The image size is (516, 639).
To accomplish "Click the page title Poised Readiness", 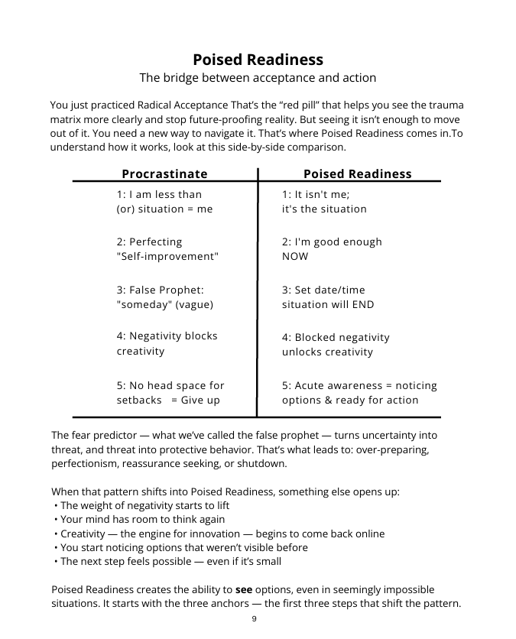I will (258, 60).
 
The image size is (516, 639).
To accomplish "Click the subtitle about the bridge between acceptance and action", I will (258, 78).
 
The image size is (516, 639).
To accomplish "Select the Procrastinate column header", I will (164, 174).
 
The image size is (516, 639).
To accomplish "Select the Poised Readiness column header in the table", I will (357, 174).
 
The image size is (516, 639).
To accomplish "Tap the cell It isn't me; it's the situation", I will (324, 202).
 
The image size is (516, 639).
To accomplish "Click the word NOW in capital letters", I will (295, 257).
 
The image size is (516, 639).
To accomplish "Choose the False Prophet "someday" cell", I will (164, 297).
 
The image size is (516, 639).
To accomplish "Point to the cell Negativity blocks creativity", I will (167, 343).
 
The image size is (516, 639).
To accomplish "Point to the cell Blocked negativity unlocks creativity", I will (336, 345).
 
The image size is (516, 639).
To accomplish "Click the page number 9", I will (254, 619).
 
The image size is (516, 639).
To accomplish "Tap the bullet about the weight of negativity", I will (144, 505).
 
